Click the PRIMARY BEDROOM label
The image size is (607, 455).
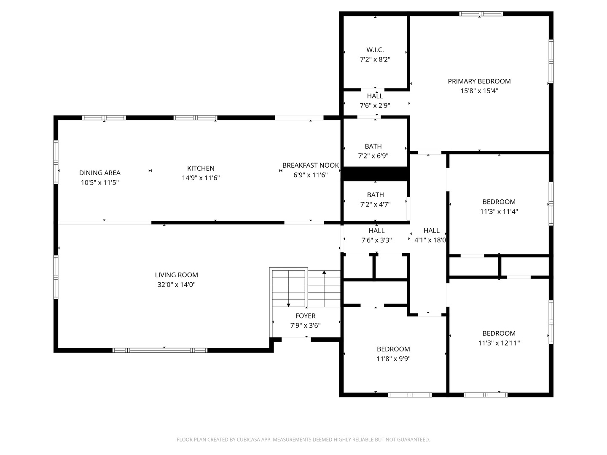point(479,81)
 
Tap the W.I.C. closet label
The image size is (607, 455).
point(375,50)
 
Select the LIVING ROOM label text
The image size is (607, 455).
point(176,275)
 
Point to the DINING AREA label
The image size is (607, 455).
point(100,173)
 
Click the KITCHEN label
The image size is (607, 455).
point(201,168)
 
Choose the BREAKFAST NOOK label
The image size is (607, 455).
point(311,165)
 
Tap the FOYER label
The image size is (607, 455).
point(305,316)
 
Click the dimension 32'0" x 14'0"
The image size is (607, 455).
point(176,285)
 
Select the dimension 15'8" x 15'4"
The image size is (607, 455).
point(479,91)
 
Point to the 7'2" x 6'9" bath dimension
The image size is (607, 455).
point(373,156)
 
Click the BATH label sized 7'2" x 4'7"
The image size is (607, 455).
point(375,195)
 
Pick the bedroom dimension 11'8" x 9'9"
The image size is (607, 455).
point(393,359)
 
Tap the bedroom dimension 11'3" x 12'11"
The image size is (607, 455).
point(499,343)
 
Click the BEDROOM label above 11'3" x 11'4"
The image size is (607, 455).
point(499,202)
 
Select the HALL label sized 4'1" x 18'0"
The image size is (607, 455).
point(431,230)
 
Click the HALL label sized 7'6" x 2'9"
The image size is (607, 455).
point(375,96)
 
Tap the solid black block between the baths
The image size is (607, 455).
point(374,174)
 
